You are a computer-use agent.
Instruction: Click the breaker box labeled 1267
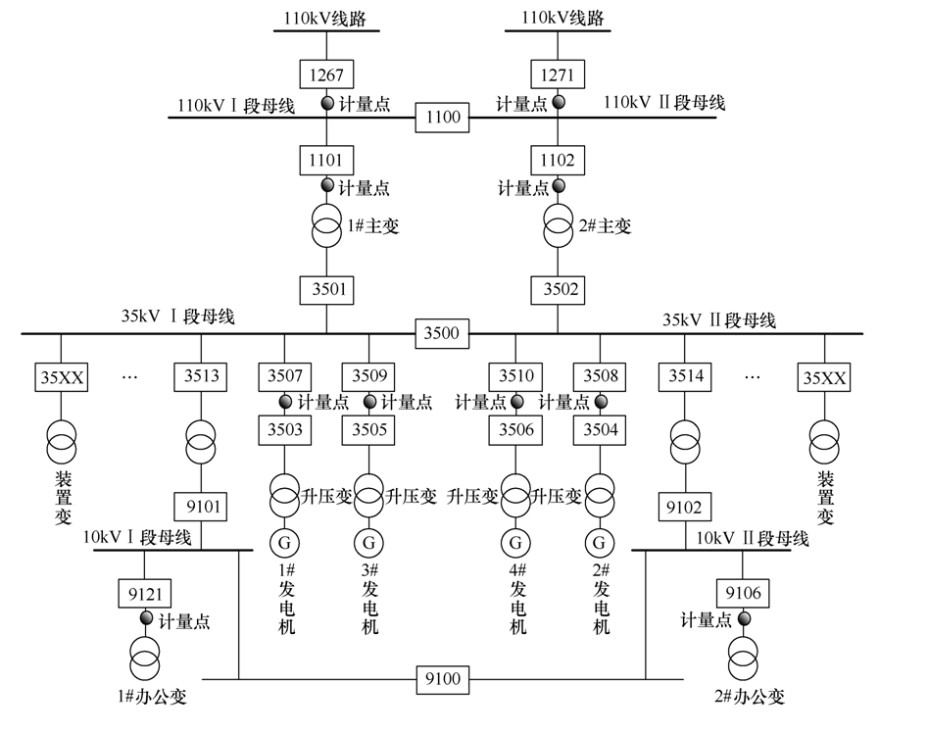tap(327, 74)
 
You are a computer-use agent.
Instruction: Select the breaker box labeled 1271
tap(559, 74)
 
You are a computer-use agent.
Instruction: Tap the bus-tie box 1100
tap(442, 118)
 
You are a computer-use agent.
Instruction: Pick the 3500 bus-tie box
tap(441, 333)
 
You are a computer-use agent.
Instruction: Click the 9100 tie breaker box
tap(443, 678)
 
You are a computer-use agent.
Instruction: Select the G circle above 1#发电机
tap(285, 541)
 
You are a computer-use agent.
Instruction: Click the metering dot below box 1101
tap(328, 185)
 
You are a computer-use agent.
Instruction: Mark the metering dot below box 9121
tap(146, 618)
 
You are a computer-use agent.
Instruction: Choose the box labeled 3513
tap(202, 377)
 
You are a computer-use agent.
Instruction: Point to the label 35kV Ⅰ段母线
tap(177, 318)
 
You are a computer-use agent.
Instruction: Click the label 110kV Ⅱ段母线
tap(664, 103)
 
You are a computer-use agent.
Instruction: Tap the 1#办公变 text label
tap(151, 698)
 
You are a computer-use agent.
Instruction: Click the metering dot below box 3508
tap(600, 402)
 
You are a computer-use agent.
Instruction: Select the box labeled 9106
tap(743, 593)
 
